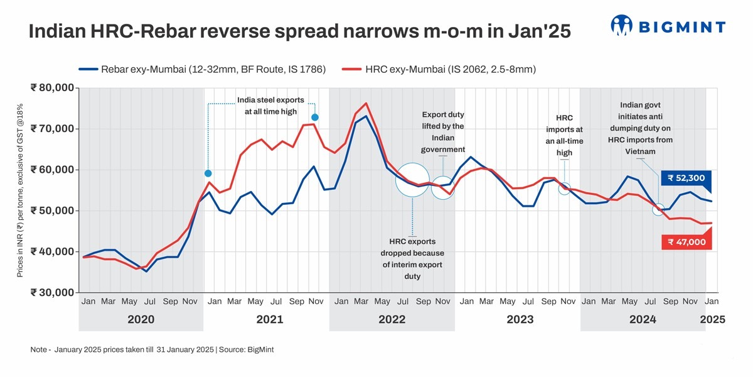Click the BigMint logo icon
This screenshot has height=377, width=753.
pos(621,26)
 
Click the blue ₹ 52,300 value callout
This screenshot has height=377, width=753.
pos(686,178)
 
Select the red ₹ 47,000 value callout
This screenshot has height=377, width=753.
pos(686,242)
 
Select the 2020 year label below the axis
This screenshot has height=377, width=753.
pos(141,319)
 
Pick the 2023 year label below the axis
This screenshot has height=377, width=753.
pos(520,319)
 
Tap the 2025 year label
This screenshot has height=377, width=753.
pos(712,319)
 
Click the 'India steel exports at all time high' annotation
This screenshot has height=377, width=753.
pos(270,106)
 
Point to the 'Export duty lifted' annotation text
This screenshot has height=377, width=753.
pos(443,132)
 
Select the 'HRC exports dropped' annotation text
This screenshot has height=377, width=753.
pos(412,258)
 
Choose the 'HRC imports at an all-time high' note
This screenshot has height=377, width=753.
pos(564,135)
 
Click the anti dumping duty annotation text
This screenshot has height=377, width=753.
pos(640,128)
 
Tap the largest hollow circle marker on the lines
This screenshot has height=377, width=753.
pos(412,180)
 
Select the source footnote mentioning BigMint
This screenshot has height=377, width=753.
pos(152,349)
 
